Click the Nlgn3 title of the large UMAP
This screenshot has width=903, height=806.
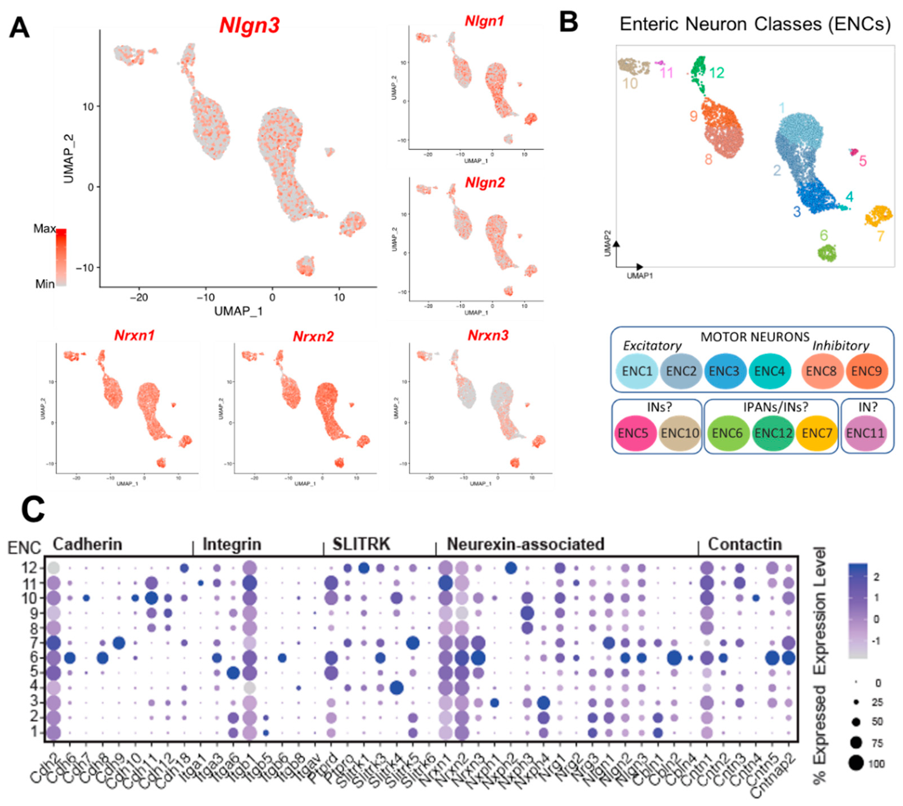[249, 25]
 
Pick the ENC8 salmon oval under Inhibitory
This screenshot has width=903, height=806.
[821, 371]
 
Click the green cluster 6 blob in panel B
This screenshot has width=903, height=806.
[826, 254]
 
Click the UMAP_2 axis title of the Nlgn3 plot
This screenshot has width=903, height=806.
[69, 159]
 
